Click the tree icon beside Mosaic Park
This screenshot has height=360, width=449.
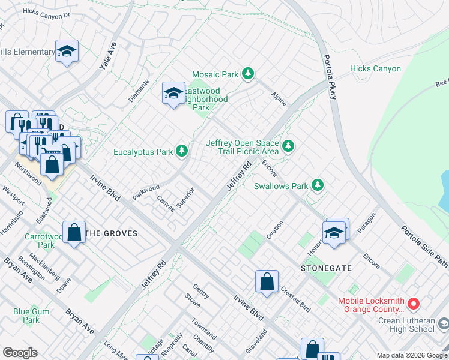click(x=247, y=74)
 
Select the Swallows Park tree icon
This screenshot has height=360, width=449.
click(x=317, y=186)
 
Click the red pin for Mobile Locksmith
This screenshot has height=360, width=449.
click(x=413, y=304)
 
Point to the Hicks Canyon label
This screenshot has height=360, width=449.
click(x=375, y=69)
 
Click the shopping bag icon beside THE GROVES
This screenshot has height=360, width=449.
click(x=74, y=233)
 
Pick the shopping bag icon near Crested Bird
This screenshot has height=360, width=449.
click(x=267, y=281)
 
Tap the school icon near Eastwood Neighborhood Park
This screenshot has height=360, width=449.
click(x=173, y=94)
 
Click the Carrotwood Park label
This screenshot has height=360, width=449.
click(x=40, y=241)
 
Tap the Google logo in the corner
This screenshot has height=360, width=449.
click(x=20, y=353)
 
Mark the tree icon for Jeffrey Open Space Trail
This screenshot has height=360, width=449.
click(x=289, y=146)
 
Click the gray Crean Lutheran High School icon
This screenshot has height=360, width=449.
click(x=443, y=325)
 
